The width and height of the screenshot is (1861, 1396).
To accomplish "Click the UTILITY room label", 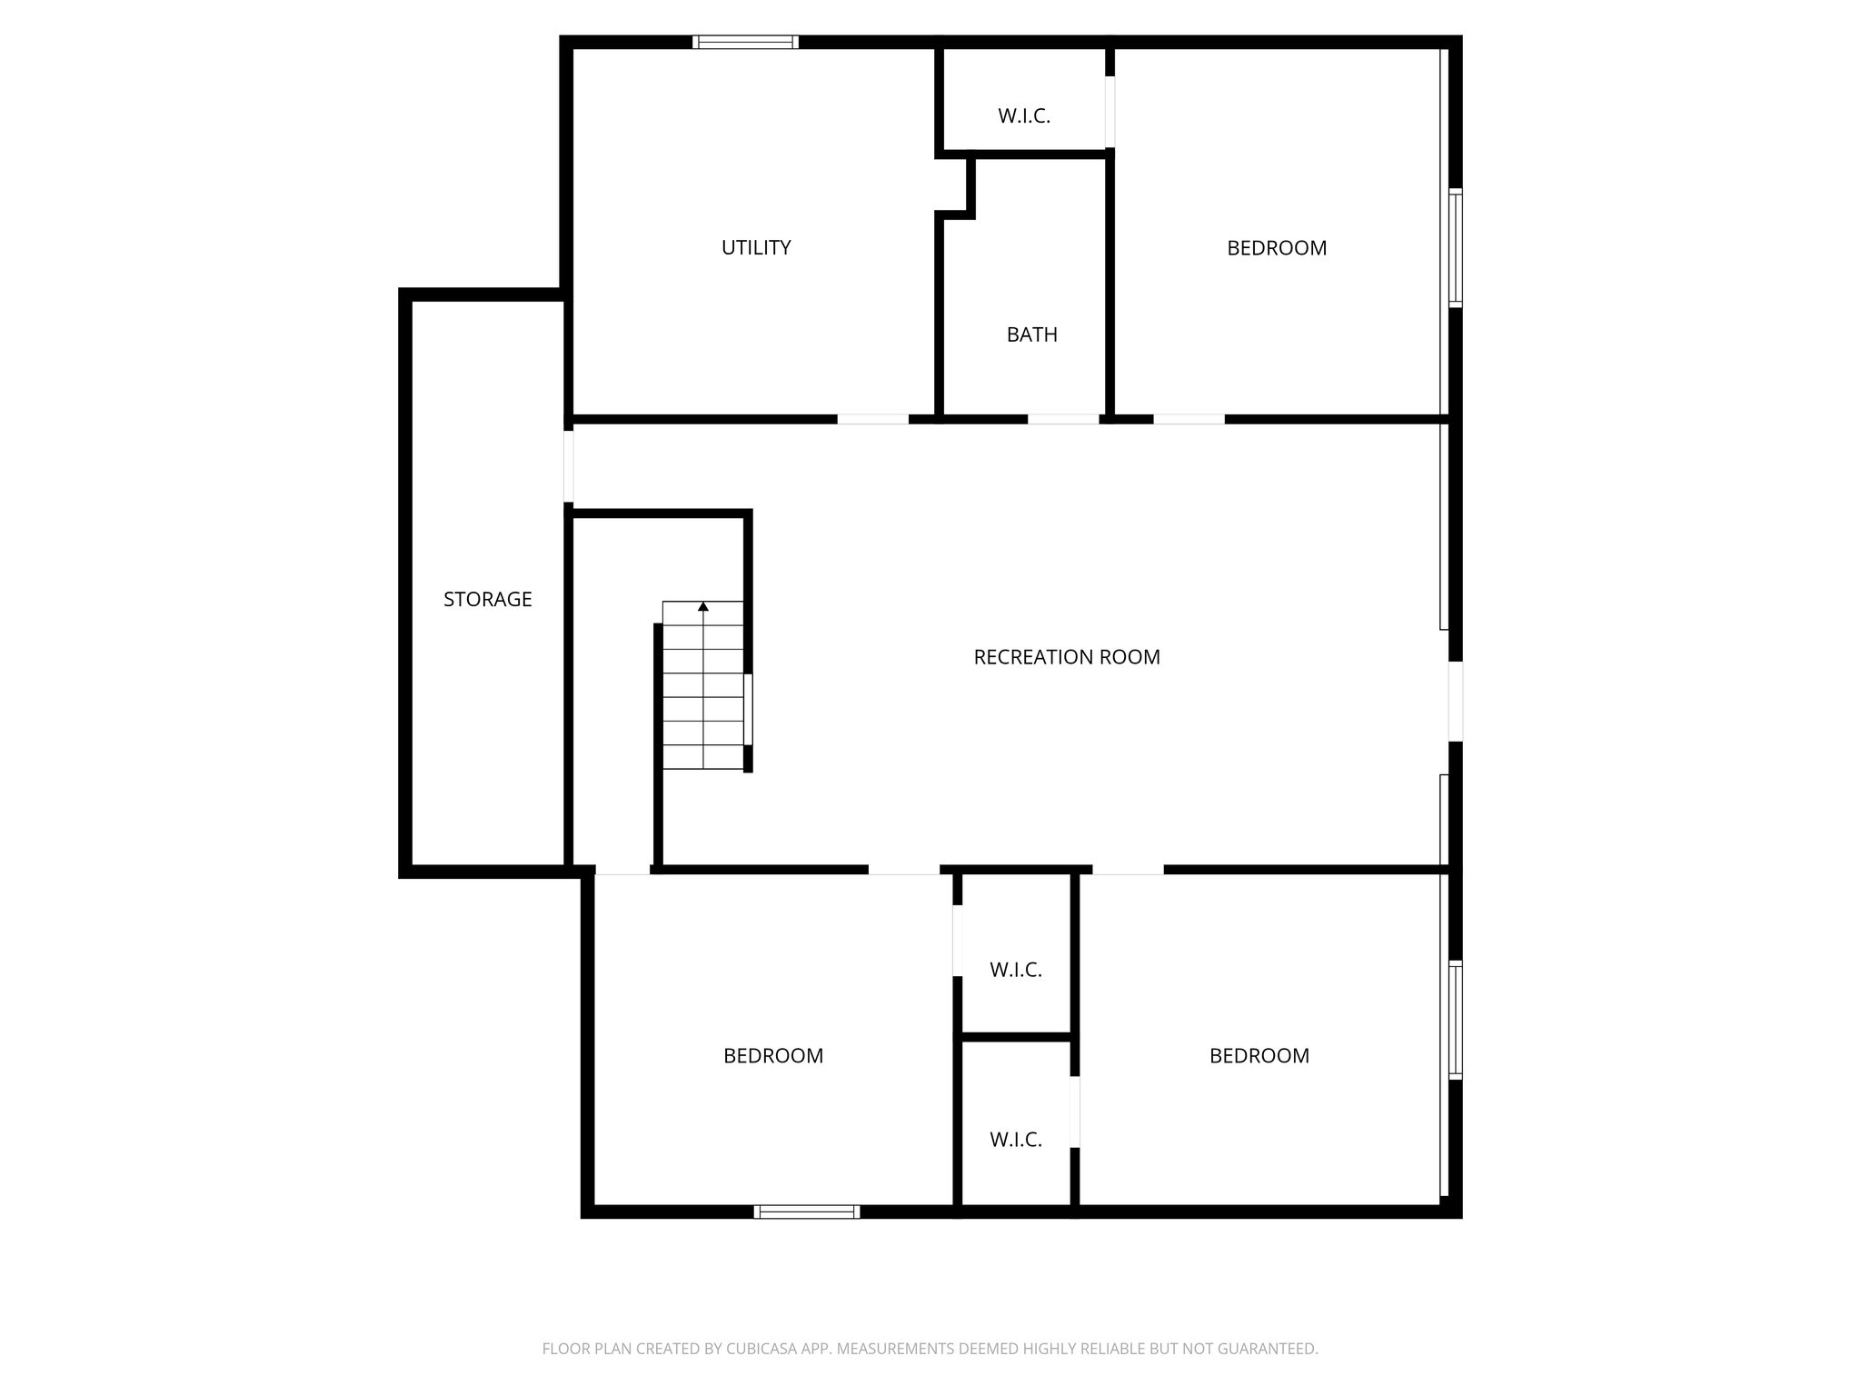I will (x=756, y=247).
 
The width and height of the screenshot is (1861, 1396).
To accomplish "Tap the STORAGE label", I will (x=487, y=599).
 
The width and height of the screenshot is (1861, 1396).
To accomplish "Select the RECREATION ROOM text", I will (x=1066, y=657).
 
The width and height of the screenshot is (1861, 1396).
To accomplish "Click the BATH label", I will (x=1031, y=334).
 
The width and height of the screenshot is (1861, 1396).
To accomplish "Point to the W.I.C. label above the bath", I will (x=1024, y=116).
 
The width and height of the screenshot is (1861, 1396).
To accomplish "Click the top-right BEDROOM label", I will (x=1276, y=248).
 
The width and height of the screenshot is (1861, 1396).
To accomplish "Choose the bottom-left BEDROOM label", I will (x=773, y=1056).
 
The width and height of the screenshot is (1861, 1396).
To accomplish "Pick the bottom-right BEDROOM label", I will (x=1259, y=1056).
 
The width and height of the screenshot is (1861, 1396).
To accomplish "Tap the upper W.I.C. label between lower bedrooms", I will (x=1015, y=970).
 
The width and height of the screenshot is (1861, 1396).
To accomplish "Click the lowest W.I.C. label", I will (x=1015, y=1140).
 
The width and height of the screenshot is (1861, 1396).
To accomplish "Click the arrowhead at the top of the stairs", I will (x=702, y=606).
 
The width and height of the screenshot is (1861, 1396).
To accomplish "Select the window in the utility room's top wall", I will (x=745, y=42).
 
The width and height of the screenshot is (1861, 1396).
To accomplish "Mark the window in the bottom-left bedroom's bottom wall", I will (x=806, y=1212).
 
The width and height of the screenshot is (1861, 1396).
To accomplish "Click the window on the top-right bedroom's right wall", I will (x=1455, y=247).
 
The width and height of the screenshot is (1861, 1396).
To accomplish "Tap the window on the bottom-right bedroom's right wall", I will (x=1455, y=1020).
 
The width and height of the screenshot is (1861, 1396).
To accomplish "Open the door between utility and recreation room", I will (x=872, y=419).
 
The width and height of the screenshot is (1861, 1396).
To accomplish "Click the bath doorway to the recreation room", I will (x=1063, y=419).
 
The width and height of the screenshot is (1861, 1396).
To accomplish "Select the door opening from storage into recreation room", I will (x=569, y=466).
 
